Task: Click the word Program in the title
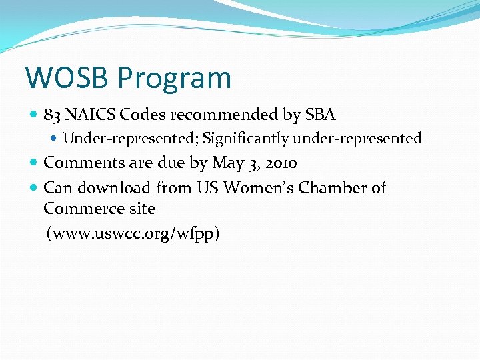(174, 78)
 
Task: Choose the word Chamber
(331, 188)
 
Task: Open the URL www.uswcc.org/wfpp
(133, 234)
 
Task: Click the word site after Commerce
(142, 209)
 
